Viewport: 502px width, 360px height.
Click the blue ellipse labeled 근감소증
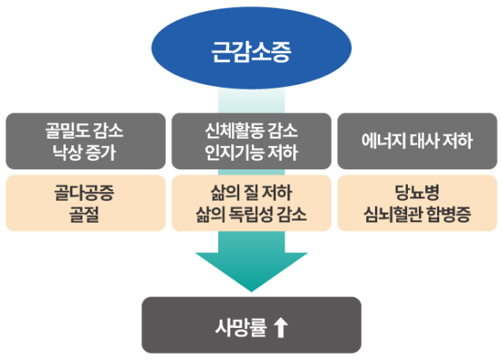coord(251,51)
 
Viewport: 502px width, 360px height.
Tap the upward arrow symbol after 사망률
coord(282,325)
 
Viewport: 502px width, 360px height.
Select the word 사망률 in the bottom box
coord(237,325)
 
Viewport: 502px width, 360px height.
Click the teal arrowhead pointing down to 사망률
coord(251,271)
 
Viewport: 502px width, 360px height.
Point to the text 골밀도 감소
coord(85,131)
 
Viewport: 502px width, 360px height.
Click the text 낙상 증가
coord(85,152)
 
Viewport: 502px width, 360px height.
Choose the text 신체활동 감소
coord(251,131)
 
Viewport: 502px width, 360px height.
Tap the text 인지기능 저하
coord(251,152)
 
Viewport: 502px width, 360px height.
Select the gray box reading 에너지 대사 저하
coord(417,141)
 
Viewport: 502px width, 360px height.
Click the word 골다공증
coord(85,192)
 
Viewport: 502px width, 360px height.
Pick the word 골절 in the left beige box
coord(85,213)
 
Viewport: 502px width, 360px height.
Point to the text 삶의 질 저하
coord(251,192)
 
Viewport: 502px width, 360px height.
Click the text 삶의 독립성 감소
coord(251,213)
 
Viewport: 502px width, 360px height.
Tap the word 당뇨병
coord(417,192)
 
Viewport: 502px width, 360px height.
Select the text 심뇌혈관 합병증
coord(417,213)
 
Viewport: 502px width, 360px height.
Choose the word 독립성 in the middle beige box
coord(251,213)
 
